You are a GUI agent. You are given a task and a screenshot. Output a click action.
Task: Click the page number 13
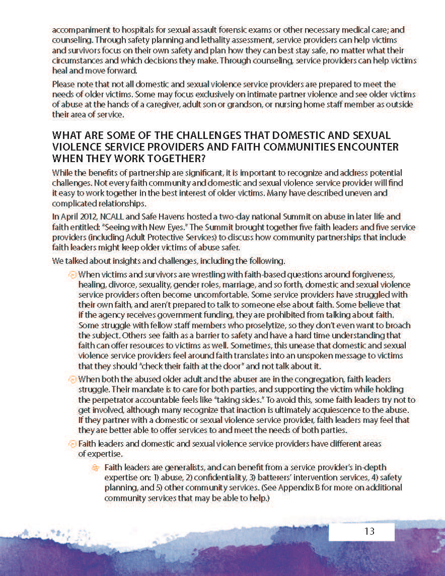(x=369, y=531)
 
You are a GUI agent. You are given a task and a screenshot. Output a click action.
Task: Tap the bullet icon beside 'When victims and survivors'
(x=72, y=275)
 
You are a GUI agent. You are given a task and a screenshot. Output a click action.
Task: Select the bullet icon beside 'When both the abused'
(x=72, y=379)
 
